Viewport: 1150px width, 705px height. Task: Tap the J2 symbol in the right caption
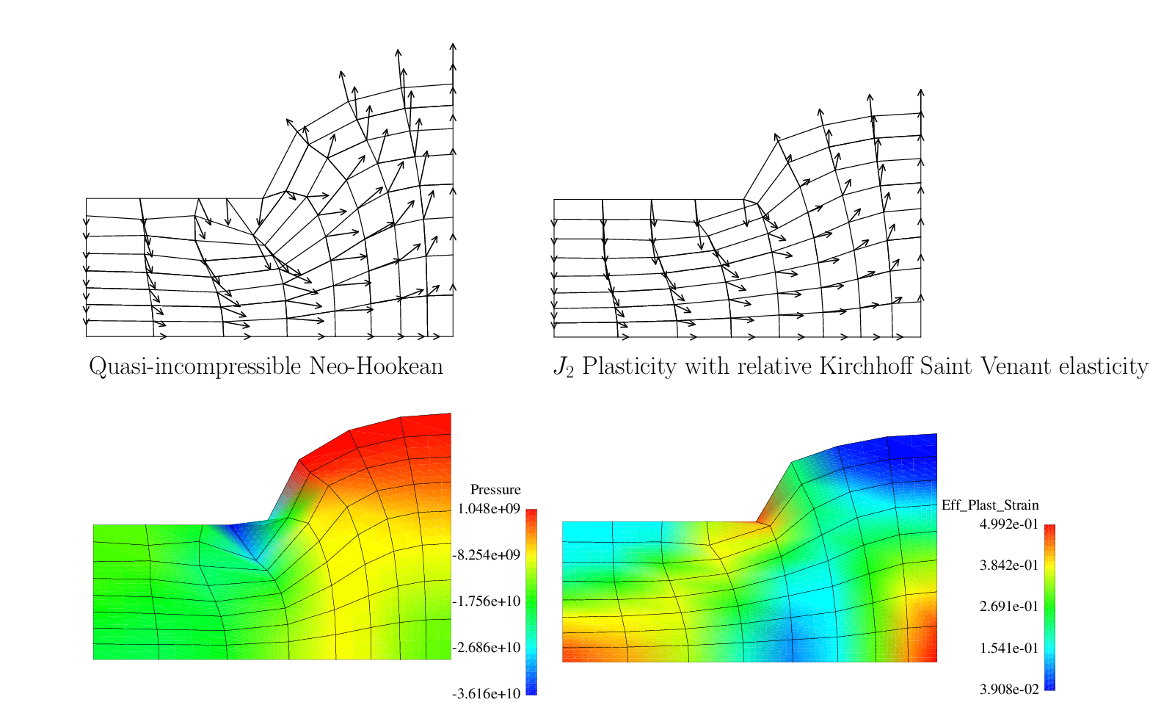coord(564,367)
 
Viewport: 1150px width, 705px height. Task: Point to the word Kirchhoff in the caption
coord(859,366)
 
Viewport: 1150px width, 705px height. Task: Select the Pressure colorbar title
coord(495,490)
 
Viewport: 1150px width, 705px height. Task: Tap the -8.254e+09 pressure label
coord(487,554)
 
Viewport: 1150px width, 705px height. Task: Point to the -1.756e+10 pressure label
coord(487,601)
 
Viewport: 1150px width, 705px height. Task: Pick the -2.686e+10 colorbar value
coord(487,647)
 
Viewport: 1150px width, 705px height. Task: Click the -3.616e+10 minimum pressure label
coord(487,693)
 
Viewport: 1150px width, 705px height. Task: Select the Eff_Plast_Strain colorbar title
coord(990,505)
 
